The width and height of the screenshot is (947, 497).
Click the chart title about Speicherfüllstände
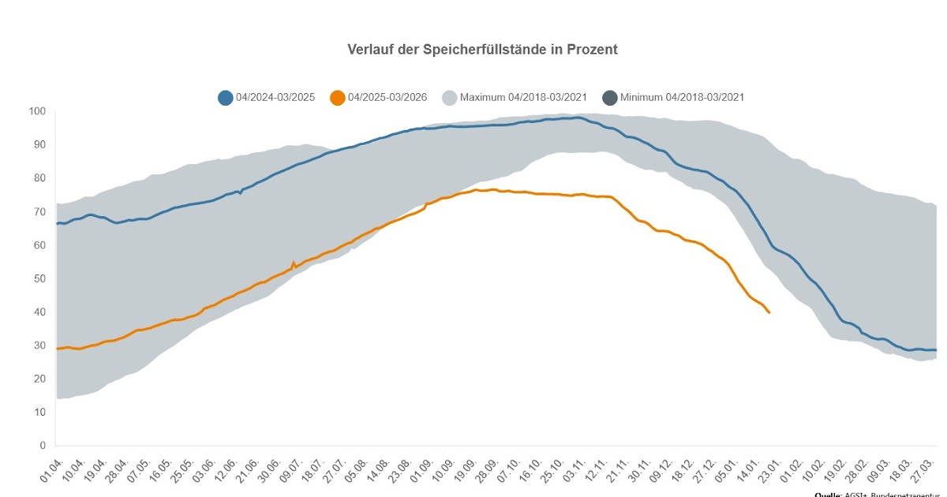[482, 50]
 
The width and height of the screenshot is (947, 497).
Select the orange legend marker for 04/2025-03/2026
[337, 98]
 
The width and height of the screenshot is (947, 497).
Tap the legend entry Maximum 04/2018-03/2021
[522, 98]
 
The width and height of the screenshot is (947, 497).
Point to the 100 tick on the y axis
[39, 111]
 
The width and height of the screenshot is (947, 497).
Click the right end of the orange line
[769, 313]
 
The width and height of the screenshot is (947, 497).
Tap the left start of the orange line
[56, 348]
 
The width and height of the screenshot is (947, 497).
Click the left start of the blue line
[56, 224]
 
